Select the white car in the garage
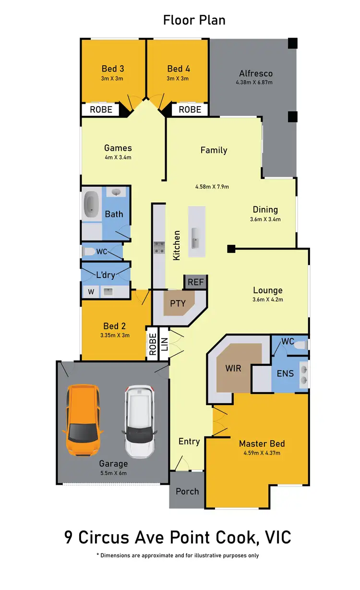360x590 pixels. pos(140,421)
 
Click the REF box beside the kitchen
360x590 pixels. pos(195,282)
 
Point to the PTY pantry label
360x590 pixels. pos(178,303)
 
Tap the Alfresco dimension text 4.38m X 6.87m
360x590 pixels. pos(254,82)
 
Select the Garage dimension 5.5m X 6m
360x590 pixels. pos(113,473)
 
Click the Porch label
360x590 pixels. pos(187,491)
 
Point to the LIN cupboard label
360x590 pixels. pos(164,344)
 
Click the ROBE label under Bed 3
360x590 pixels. pos(101,109)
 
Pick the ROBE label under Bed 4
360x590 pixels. pos(190,109)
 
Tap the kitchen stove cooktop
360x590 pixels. pos(159,247)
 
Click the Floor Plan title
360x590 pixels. pos(194,20)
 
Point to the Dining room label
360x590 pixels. pos(265,209)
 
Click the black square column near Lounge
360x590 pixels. pos(231,248)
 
